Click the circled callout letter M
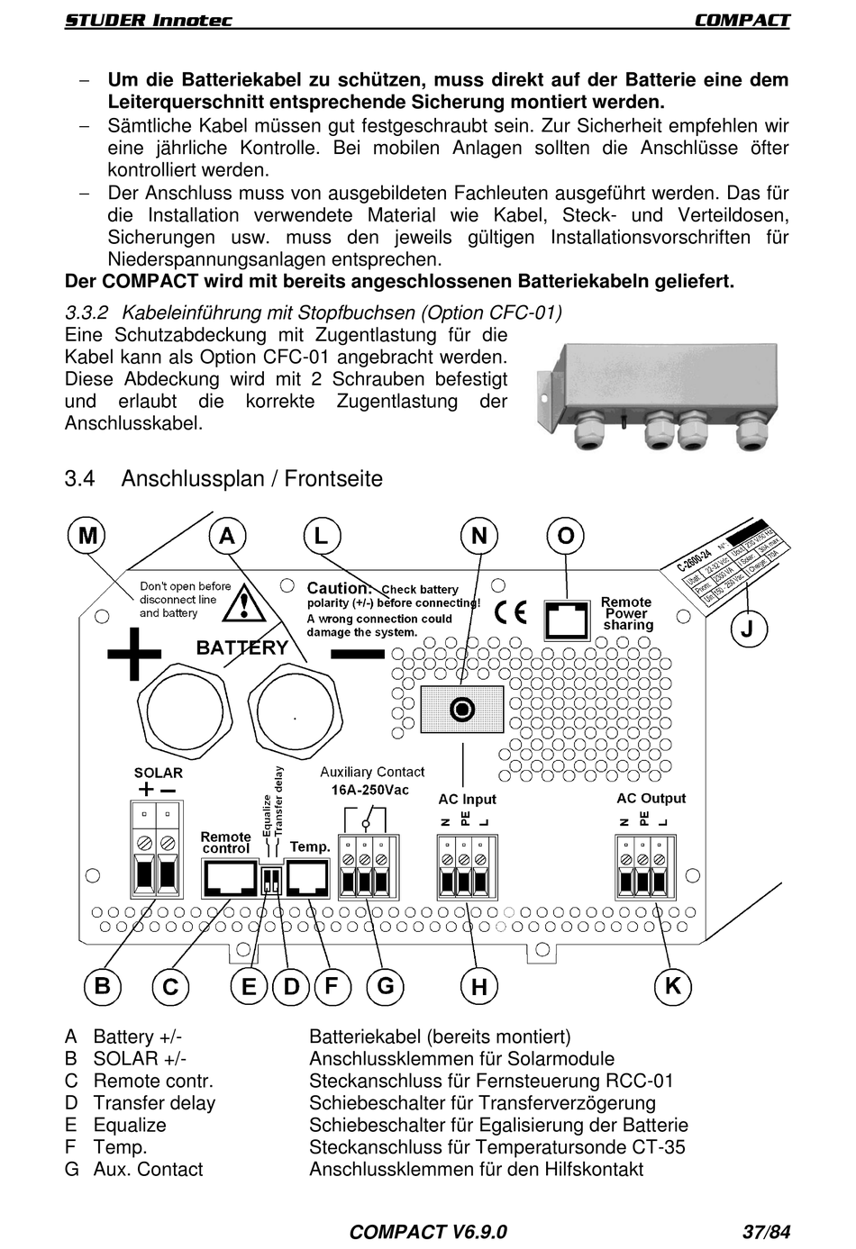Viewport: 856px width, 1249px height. pos(87,536)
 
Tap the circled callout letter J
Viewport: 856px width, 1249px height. pos(747,628)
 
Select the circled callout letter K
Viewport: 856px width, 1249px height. pos(672,986)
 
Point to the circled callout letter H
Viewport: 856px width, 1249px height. pos(478,987)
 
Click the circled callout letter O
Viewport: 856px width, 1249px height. pos(565,536)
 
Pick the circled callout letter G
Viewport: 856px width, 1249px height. pos(385,986)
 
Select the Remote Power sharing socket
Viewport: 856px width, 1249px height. pos(566,620)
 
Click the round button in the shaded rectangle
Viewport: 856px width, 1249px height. pos(462,710)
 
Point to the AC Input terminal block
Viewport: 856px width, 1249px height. pos(465,866)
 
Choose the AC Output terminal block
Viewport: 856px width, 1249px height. pos(643,866)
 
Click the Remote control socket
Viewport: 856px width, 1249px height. pos(228,876)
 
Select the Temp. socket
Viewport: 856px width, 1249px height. pos(309,876)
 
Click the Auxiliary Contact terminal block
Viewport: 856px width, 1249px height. pos(366,866)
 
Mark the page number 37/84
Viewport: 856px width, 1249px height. pos(766,1232)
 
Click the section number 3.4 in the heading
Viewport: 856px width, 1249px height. pos(79,478)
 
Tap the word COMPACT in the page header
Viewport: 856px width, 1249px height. pos(742,20)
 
